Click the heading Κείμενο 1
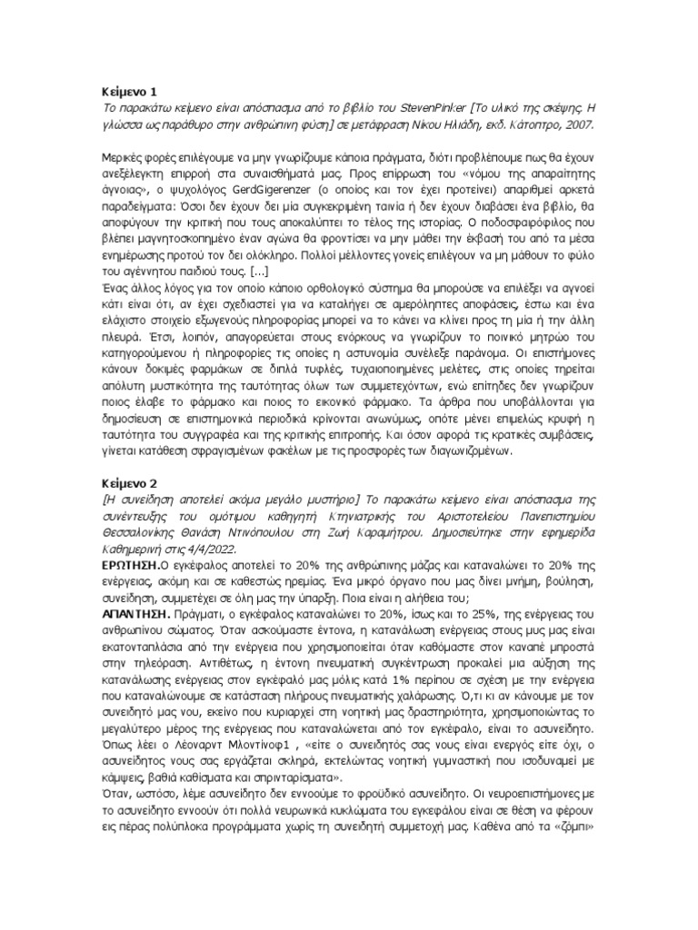pos(128,91)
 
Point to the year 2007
pos(580,124)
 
